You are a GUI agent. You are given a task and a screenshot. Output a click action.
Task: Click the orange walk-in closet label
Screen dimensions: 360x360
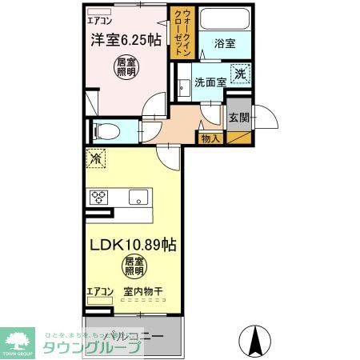pyautogui.click(x=180, y=30)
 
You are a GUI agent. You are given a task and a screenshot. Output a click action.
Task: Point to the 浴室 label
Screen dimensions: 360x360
pyautogui.click(x=224, y=44)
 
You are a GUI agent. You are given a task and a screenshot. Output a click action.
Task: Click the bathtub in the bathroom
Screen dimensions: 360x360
pyautogui.click(x=223, y=19)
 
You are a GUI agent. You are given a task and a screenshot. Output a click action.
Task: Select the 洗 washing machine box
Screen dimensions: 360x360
pyautogui.click(x=239, y=75)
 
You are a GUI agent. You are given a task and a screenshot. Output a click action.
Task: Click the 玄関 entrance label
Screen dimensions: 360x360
pyautogui.click(x=239, y=118)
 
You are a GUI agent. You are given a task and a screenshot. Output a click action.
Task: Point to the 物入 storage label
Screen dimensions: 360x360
pyautogui.click(x=210, y=139)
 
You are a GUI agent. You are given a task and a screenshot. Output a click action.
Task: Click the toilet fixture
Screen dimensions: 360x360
pyautogui.click(x=105, y=131)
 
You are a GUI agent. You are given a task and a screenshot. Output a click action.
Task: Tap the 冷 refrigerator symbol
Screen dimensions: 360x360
pyautogui.click(x=95, y=159)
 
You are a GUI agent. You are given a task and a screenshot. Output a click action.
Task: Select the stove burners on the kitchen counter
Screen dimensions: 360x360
pyautogui.click(x=98, y=196)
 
